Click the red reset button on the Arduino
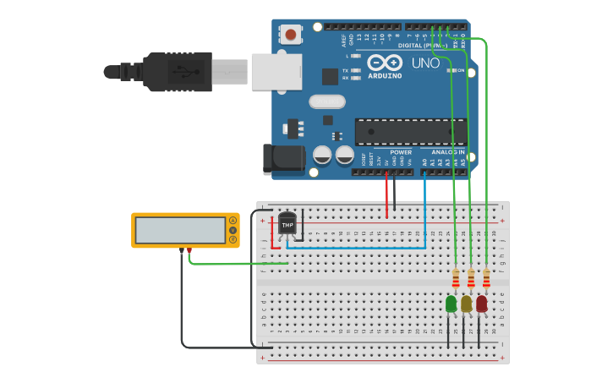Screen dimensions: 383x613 pyautogui.click(x=291, y=35)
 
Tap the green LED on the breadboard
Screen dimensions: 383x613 pyautogui.click(x=451, y=304)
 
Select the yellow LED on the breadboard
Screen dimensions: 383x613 pyautogui.click(x=466, y=304)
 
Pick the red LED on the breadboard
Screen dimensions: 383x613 pyautogui.click(x=481, y=304)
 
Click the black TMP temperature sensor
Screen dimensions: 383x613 pyautogui.click(x=287, y=224)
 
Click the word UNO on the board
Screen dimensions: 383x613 pyautogui.click(x=425, y=63)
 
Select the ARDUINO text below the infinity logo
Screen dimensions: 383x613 pyautogui.click(x=385, y=76)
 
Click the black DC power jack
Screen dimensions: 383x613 pyautogui.click(x=283, y=159)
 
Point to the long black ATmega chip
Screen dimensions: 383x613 pyautogui.click(x=410, y=132)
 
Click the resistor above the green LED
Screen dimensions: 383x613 pyautogui.click(x=456, y=278)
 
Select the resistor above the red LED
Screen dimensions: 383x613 pyautogui.click(x=486, y=278)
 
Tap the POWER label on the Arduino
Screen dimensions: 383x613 pyautogui.click(x=401, y=152)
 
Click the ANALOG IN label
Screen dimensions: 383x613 pyautogui.click(x=449, y=152)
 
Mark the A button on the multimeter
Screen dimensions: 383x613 pyautogui.click(x=233, y=221)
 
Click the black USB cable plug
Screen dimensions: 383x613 pyautogui.click(x=178, y=71)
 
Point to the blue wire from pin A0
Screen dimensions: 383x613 pyautogui.click(x=424, y=211)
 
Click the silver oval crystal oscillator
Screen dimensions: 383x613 pyautogui.click(x=327, y=101)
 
